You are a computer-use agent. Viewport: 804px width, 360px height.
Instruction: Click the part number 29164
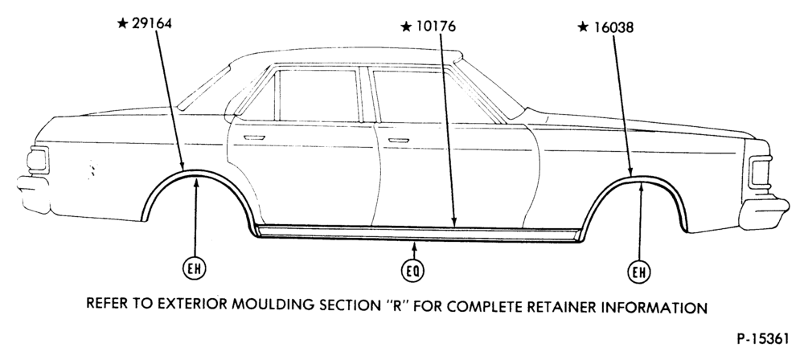pyautogui.click(x=152, y=23)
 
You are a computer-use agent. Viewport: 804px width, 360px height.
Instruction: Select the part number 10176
pyautogui.click(x=435, y=27)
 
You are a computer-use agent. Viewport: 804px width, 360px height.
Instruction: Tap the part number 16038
pyautogui.click(x=613, y=27)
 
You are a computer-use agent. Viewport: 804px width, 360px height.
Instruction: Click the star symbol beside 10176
pyautogui.click(x=406, y=27)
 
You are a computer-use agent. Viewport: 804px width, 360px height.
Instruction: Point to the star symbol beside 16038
pyautogui.click(x=583, y=27)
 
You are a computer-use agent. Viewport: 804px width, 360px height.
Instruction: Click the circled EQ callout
pyautogui.click(x=412, y=272)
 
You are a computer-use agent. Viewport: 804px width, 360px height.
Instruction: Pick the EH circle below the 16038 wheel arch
pyautogui.click(x=639, y=272)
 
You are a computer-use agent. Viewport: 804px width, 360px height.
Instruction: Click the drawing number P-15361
pyautogui.click(x=763, y=339)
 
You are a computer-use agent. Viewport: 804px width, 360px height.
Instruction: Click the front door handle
pyautogui.click(x=399, y=140)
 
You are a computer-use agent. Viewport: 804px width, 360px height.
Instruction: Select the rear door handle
pyautogui.click(x=254, y=137)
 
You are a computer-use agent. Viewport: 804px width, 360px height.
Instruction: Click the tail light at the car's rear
pyautogui.click(x=38, y=160)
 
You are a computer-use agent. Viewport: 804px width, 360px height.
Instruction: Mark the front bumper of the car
pyautogui.click(x=763, y=213)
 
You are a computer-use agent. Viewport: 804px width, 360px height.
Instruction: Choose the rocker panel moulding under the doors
pyautogui.click(x=418, y=233)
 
